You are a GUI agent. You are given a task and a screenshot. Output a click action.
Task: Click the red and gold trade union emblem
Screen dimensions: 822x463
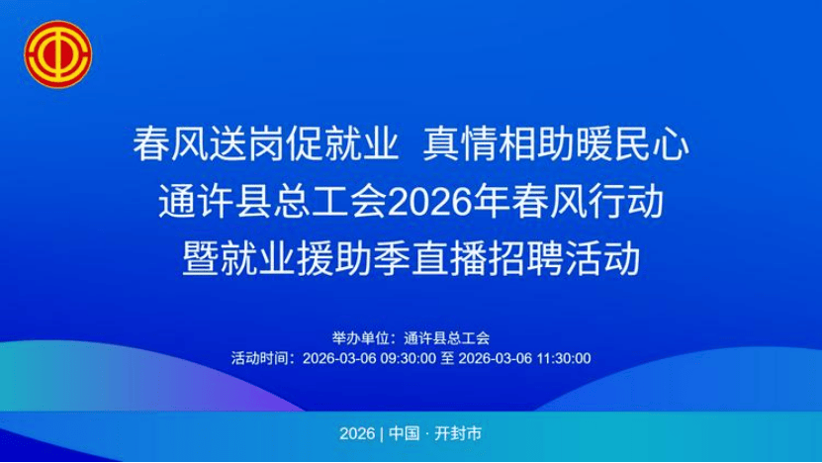(57, 54)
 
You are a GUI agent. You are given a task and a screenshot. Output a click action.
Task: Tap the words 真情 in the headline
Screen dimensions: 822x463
(461, 144)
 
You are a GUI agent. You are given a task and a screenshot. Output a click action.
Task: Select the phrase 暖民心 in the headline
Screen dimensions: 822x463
(632, 144)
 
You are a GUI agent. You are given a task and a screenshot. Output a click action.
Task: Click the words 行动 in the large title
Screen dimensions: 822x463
(626, 202)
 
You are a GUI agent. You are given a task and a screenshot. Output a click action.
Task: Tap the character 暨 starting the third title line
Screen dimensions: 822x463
(201, 258)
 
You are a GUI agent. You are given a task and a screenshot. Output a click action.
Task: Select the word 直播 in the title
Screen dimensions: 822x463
(449, 258)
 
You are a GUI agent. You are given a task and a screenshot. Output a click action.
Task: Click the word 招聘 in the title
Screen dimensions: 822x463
(526, 258)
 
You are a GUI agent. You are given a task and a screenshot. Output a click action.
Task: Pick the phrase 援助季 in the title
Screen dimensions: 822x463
(354, 258)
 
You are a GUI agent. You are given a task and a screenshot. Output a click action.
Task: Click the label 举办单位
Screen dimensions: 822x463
(361, 338)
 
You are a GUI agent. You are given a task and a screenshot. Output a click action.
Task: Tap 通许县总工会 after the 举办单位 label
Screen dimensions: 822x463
(447, 338)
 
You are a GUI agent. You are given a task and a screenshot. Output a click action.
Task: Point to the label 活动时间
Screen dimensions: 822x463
(260, 359)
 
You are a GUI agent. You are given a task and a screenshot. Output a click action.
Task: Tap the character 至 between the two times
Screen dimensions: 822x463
(447, 359)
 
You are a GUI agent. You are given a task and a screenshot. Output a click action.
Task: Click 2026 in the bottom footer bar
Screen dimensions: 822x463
(357, 434)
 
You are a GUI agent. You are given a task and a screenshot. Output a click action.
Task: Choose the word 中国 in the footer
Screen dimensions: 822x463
(405, 434)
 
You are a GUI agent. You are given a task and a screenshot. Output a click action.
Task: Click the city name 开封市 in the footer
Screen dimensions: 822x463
(458, 434)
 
